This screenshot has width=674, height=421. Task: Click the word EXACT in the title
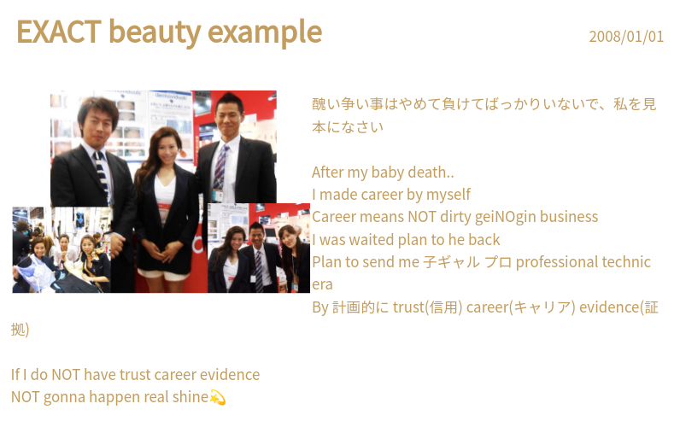pyautogui.click(x=59, y=32)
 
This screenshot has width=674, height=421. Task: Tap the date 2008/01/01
pyautogui.click(x=626, y=37)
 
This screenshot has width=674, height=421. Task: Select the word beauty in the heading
pyautogui.click(x=155, y=33)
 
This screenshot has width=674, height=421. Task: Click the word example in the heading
pyautogui.click(x=265, y=33)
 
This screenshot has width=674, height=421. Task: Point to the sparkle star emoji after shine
pyautogui.click(x=218, y=397)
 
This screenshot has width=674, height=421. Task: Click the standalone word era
pyautogui.click(x=322, y=285)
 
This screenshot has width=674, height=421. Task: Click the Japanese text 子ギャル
pyautogui.click(x=451, y=262)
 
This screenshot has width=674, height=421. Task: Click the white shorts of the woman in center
pyautogui.click(x=158, y=272)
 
